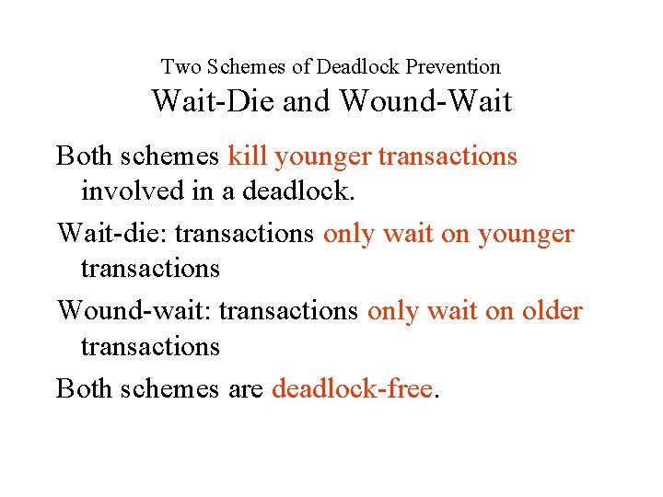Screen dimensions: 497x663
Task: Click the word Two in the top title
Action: tap(179, 66)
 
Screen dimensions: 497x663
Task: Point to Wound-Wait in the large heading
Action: tap(425, 100)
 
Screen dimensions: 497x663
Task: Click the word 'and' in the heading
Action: tap(308, 100)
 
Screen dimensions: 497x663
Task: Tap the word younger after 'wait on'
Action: tap(526, 235)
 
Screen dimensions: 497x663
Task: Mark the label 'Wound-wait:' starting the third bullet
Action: tap(134, 311)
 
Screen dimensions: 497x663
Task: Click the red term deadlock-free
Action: tap(353, 388)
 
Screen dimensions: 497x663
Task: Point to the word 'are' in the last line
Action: tap(244, 389)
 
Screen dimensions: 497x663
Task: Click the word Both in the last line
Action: tap(84, 388)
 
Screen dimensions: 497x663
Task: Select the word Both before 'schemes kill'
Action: tap(84, 156)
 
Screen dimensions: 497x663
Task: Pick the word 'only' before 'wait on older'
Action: tap(392, 312)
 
